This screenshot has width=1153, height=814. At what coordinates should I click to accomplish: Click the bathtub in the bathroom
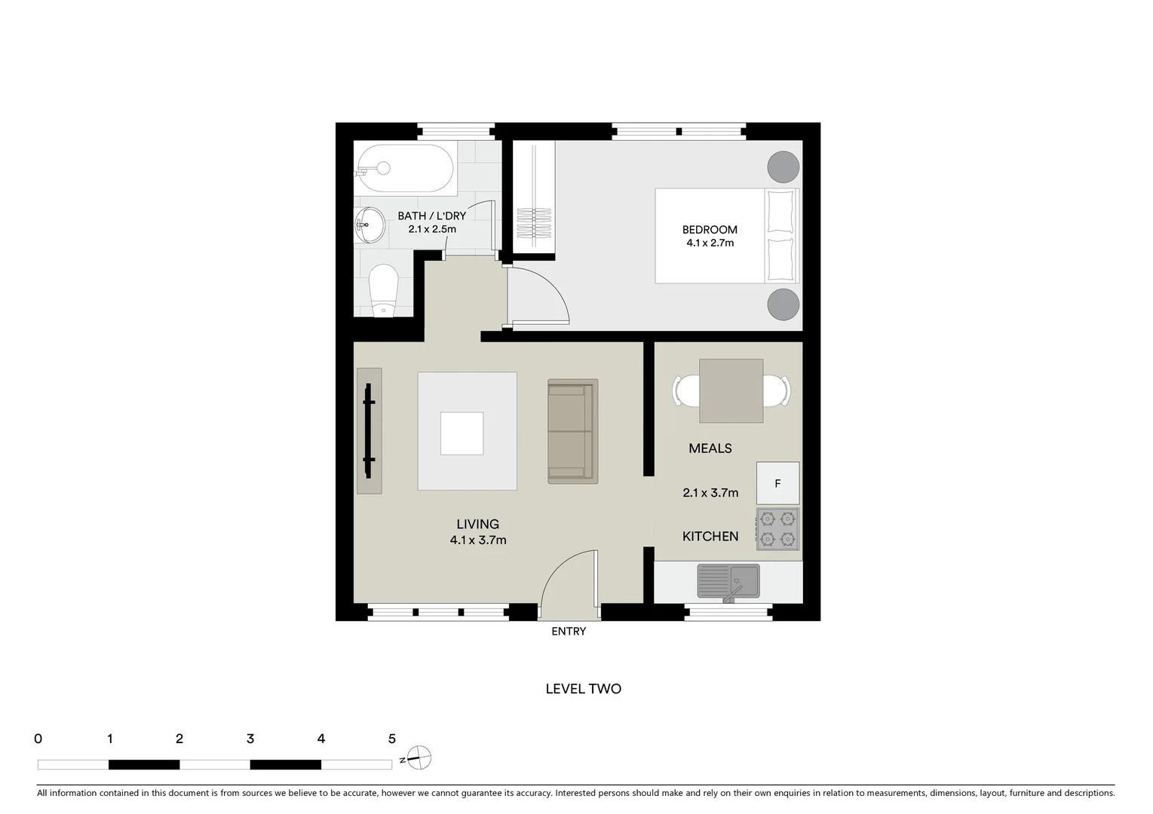pos(405,169)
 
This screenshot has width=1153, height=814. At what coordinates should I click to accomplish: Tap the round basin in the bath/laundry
pos(369,225)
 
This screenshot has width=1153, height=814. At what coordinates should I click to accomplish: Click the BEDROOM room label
pos(710,230)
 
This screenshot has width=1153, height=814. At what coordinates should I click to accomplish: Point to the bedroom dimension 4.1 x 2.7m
pos(710,243)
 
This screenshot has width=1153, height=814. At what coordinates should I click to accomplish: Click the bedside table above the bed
pos(783,167)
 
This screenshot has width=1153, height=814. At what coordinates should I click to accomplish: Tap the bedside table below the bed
pos(783,304)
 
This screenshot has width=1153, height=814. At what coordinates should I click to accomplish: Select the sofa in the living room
pos(572,431)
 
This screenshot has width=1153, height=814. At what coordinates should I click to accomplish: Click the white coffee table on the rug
pos(462,433)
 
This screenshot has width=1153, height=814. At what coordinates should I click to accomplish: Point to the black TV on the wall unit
pos(369,430)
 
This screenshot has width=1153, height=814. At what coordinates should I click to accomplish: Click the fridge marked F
pos(777,483)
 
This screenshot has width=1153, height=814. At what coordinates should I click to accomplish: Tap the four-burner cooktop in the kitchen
pos(777,528)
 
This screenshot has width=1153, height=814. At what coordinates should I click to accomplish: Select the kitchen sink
pos(728,581)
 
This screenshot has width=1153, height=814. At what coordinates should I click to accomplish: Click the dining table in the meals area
pos(731,390)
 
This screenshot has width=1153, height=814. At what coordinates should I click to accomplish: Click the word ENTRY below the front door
pos(569,632)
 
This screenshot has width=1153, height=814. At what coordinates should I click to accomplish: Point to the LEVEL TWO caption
pos(583,689)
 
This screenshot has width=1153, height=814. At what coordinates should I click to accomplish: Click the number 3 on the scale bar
pos(250,739)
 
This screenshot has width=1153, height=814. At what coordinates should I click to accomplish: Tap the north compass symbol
pos(419,757)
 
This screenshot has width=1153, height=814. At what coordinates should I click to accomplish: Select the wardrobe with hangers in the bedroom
pos(534,200)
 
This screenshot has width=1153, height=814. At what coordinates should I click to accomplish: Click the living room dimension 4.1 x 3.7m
pos(478,540)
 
